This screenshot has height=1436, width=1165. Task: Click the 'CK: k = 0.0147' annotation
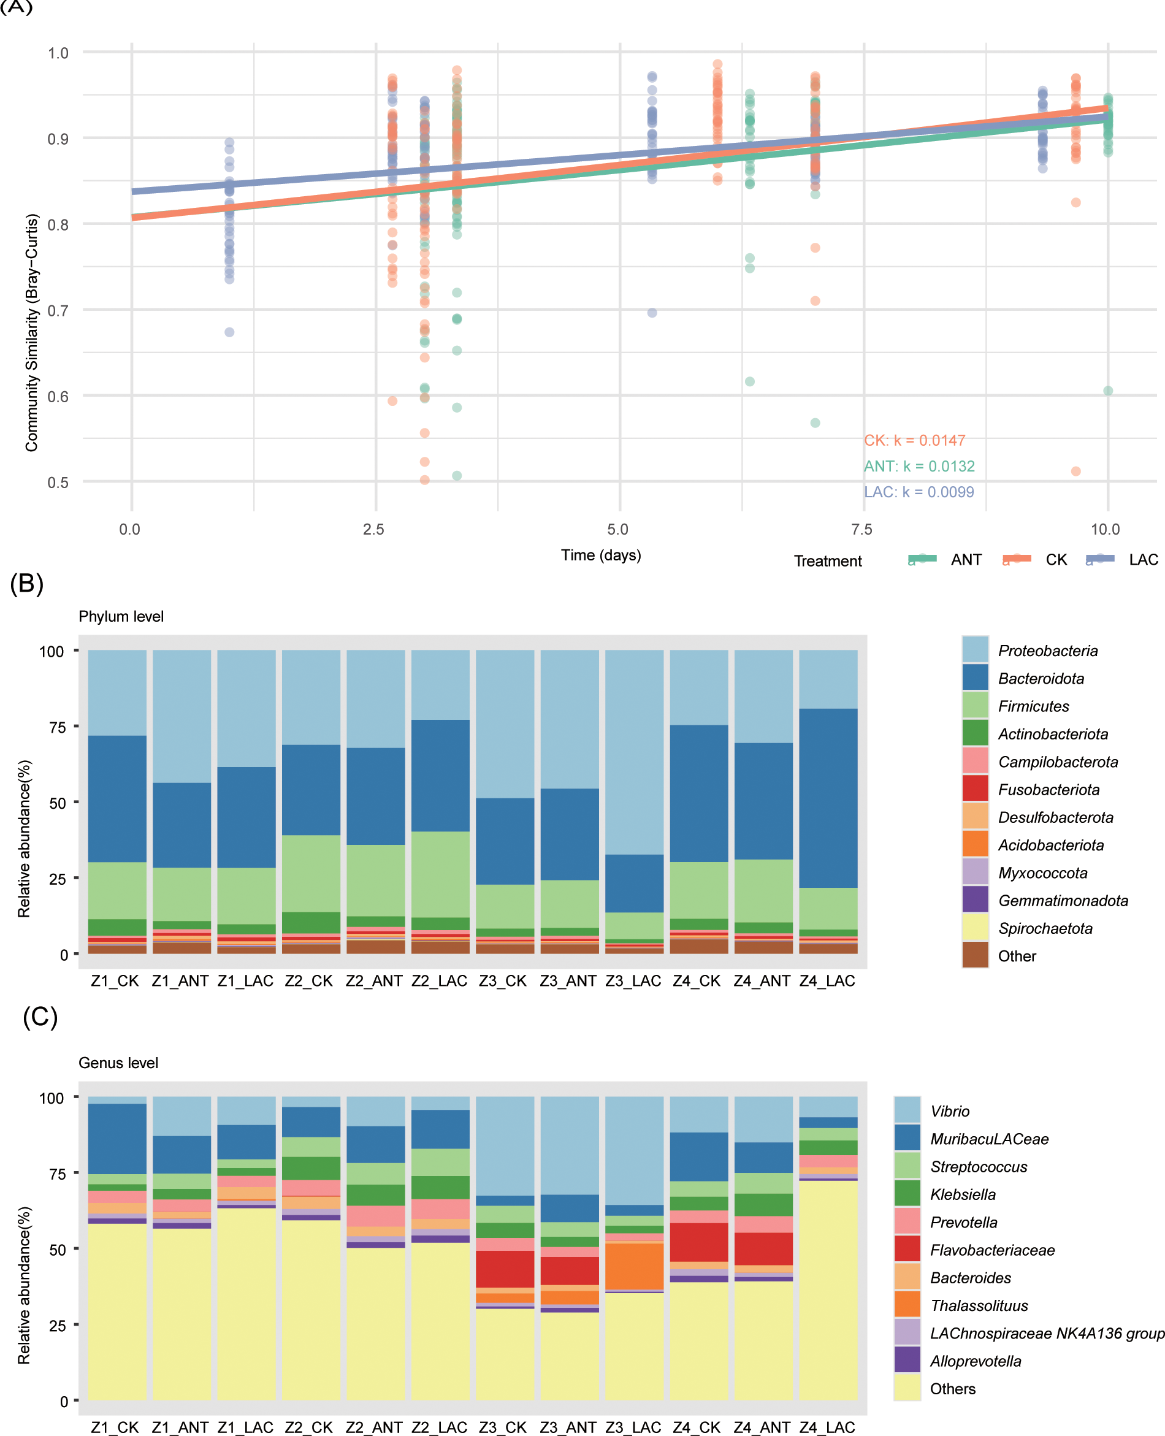pyautogui.click(x=914, y=440)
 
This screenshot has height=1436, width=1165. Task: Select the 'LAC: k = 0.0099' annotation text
pyautogui.click(x=918, y=492)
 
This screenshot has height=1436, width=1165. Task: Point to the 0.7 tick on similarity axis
pyautogui.click(x=58, y=310)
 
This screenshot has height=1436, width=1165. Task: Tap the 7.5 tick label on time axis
pyautogui.click(x=861, y=529)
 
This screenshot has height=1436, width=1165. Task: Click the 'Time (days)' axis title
pyautogui.click(x=601, y=555)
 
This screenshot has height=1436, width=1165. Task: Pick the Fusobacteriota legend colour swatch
pyautogui.click(x=974, y=789)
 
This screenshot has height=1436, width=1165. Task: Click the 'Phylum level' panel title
pyautogui.click(x=121, y=616)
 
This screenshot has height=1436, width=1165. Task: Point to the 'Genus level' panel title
pyautogui.click(x=118, y=1063)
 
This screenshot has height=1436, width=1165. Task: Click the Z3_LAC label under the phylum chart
pyautogui.click(x=633, y=980)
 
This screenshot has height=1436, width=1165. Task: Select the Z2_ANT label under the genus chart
pyautogui.click(x=374, y=1427)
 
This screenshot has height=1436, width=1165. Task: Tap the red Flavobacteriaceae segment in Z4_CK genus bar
pyautogui.click(x=698, y=1242)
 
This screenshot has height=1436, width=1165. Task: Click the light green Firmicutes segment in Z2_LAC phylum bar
pyautogui.click(x=440, y=874)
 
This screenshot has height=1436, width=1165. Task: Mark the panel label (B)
pyautogui.click(x=27, y=582)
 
